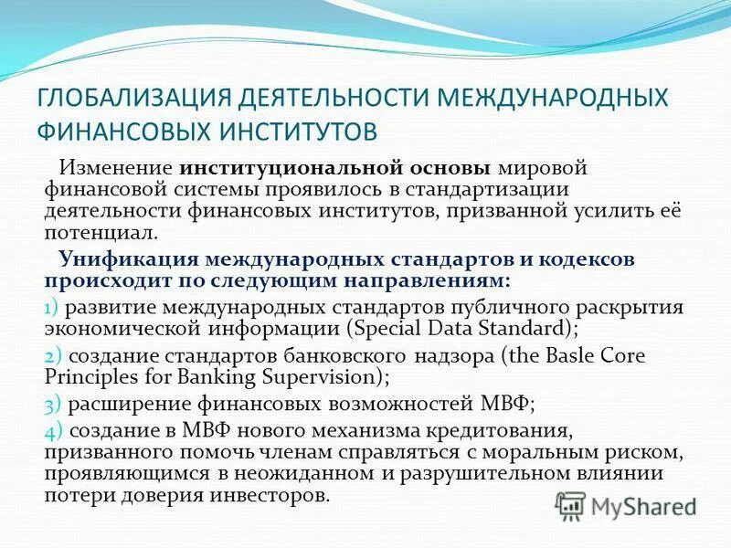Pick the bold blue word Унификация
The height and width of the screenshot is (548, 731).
[x=126, y=258]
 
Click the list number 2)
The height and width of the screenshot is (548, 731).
[x=51, y=355]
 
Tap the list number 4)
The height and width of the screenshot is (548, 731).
[x=51, y=430]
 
